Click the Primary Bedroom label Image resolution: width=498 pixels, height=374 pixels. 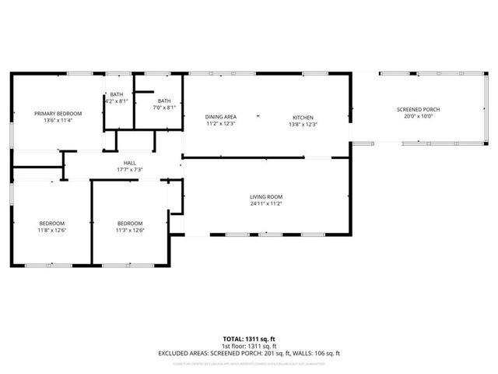[x=58, y=114]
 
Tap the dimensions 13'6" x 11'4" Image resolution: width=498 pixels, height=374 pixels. [x=58, y=121]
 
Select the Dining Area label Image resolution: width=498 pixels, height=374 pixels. [x=221, y=117]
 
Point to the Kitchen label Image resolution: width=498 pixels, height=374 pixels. [x=303, y=117]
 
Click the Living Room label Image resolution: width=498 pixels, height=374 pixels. [x=265, y=197]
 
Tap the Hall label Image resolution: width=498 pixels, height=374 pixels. [x=129, y=163]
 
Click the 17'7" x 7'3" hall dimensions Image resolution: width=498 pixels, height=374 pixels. [x=129, y=170]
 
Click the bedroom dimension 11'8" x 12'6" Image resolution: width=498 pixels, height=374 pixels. [x=53, y=230]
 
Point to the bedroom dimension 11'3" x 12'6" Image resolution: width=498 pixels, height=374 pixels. [x=130, y=230]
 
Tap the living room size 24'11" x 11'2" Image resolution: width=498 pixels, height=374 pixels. [x=265, y=204]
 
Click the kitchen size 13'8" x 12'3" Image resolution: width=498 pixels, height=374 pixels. [x=303, y=124]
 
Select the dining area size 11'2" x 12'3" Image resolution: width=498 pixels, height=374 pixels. [x=221, y=124]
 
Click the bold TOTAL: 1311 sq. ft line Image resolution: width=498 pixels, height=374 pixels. [x=249, y=339]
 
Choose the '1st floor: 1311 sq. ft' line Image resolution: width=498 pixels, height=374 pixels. [x=249, y=346]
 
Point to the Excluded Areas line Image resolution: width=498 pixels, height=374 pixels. [x=249, y=353]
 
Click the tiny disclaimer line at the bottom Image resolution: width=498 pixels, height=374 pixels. [x=249, y=363]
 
